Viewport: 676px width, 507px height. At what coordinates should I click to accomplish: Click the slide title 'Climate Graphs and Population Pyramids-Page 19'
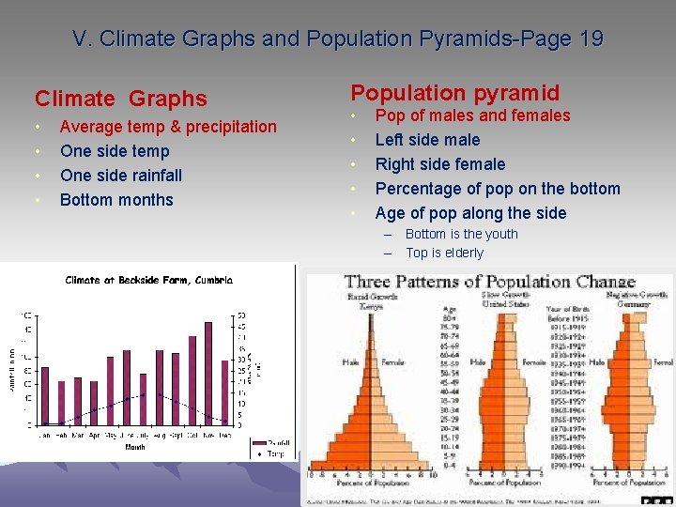pos(338,39)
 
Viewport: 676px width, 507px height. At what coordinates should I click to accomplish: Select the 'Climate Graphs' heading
pos(120,99)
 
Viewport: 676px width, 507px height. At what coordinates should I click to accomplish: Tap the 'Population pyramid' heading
pos(454,92)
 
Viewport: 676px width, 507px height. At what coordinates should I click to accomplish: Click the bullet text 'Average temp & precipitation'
pos(168,127)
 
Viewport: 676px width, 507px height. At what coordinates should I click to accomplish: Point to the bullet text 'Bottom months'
pos(116,200)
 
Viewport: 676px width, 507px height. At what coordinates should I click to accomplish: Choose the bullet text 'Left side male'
pos(427,140)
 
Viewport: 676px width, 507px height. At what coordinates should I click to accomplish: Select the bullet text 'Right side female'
pos(439,164)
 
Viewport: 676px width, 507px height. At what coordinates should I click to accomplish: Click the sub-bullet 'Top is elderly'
pos(444,253)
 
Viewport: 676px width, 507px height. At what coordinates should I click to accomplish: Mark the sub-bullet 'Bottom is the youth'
pos(461,234)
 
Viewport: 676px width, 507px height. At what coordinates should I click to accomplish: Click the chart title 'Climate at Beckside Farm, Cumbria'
pos(148,280)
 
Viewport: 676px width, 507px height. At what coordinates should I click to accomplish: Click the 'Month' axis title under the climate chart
pos(135,447)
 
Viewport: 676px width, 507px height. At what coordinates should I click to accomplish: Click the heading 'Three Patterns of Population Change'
pos(489,282)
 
